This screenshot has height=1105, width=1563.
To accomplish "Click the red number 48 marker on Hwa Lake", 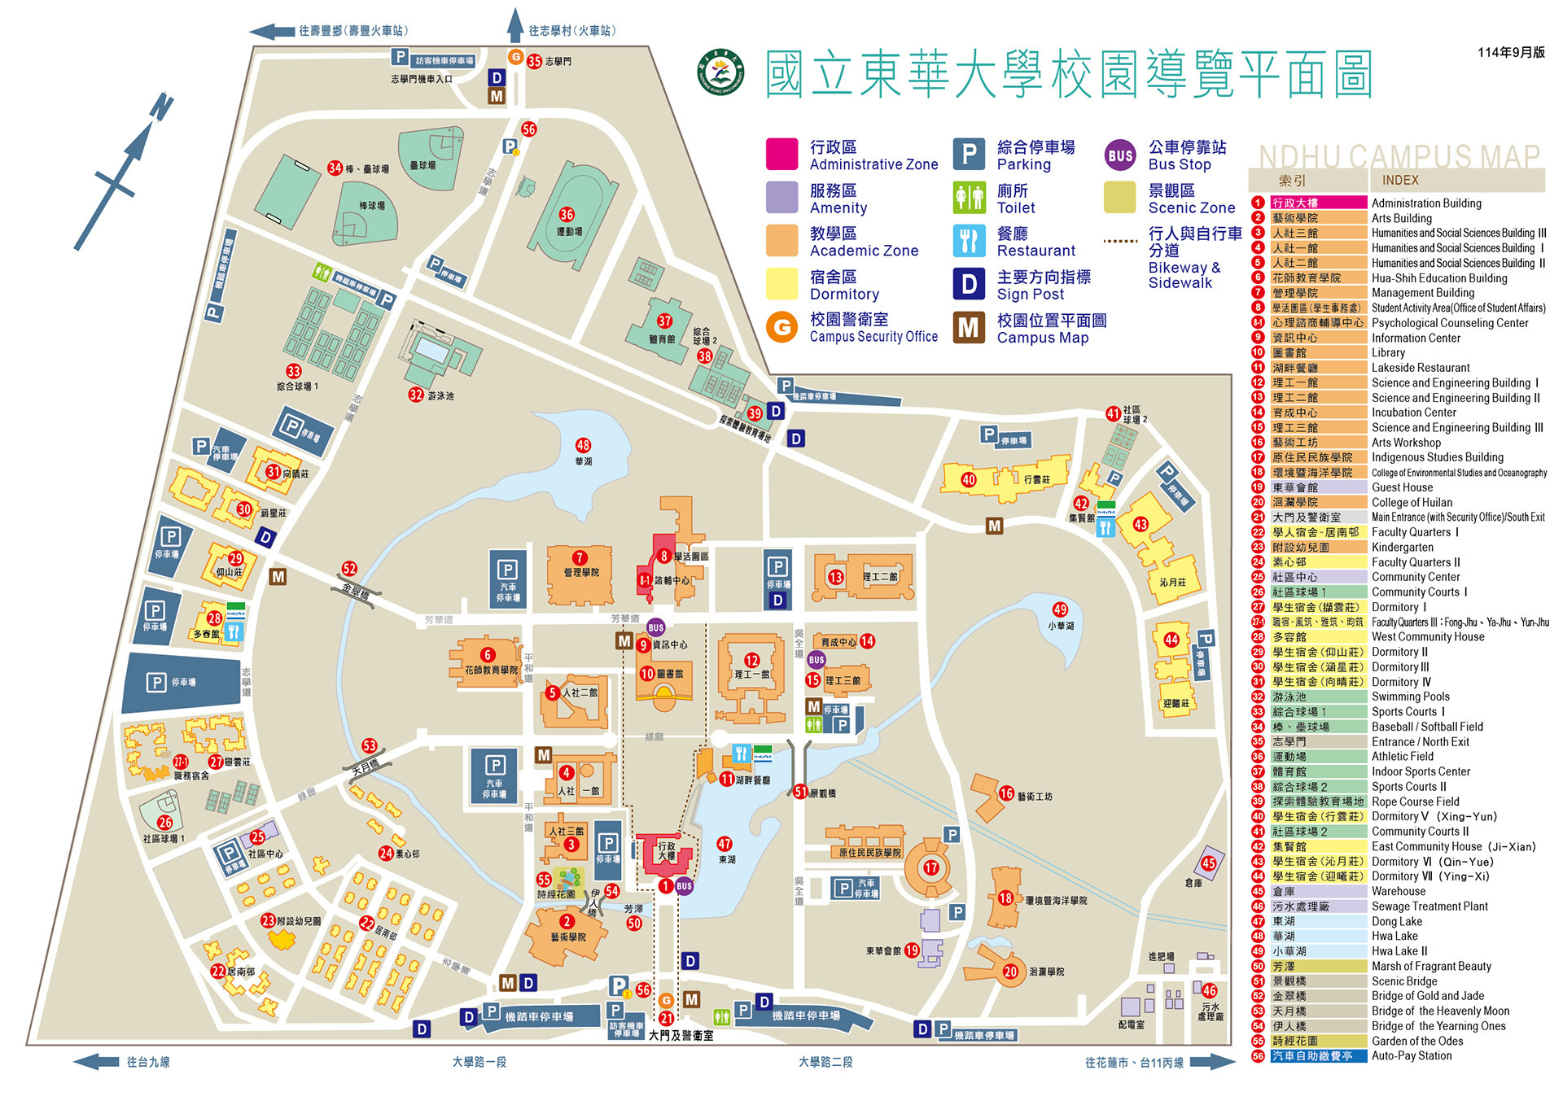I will pos(583,445).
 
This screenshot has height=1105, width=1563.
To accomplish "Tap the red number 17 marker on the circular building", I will pos(931,867).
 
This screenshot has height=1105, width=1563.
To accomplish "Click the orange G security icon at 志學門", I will pos(515,57).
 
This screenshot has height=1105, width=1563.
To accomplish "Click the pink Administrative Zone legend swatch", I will pos(781,154).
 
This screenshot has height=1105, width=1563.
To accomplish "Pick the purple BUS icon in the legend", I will pos(1120,155).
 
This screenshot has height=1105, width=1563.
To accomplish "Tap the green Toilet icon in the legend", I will pos(969,198).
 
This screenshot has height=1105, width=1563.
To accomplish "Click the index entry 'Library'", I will pos(1388,352).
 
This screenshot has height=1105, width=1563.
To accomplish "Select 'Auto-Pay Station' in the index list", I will pos(1411,1055).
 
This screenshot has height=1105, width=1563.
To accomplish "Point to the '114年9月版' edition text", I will pos(1511,52).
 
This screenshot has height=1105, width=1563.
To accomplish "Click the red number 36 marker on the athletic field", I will pos(567,215).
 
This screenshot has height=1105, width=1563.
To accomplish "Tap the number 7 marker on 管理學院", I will pos(579,557).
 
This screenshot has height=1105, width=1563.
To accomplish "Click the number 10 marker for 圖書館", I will pos(647,674).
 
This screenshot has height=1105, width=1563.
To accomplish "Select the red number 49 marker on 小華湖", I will pos(1060,609).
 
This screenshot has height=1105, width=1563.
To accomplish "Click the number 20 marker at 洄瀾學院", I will pos(1010,972).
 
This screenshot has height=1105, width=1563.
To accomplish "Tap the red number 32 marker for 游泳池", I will pos(416,395).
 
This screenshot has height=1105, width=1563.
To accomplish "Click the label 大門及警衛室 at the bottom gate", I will pos(681,1036).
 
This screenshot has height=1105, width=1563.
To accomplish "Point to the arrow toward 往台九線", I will pos(96,1062).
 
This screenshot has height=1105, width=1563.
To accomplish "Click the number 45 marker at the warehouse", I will pos(1209,863).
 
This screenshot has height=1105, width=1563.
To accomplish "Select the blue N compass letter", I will pos(161,107).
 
